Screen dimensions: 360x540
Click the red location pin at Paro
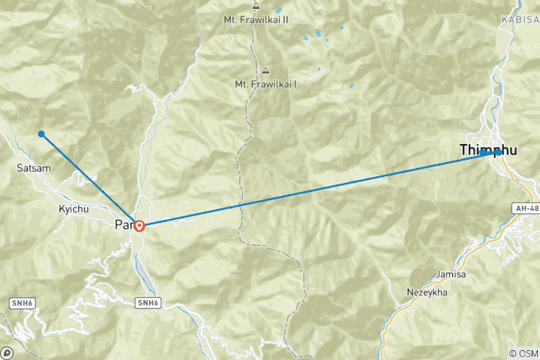click(139, 225)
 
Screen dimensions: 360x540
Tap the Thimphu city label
click(488, 151)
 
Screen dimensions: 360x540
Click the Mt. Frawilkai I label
click(265, 84)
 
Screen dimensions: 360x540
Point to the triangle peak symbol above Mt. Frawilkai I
click(265, 70)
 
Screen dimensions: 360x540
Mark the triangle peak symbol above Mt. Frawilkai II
click(256, 5)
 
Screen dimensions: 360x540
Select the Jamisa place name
click(450, 274)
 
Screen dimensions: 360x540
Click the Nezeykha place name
click(427, 292)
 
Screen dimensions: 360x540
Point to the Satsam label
click(34, 168)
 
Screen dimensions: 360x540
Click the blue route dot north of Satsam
click(41, 134)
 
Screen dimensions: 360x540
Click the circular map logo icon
click(7, 352)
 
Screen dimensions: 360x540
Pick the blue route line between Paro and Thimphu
click(315, 187)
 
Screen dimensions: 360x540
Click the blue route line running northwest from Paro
click(90, 179)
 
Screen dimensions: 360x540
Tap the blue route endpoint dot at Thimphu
click(497, 152)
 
